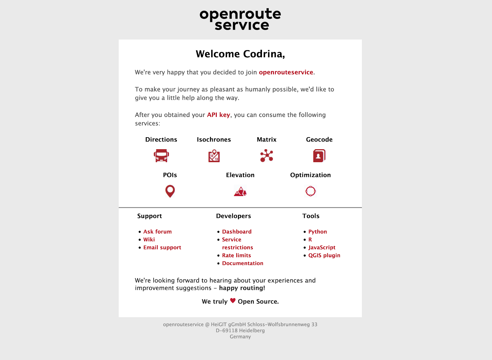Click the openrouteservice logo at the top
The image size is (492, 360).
240,19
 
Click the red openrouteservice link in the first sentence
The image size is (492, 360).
286,72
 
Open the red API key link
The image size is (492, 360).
218,115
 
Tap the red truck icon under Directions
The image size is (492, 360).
161,156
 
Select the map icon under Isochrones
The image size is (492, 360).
214,156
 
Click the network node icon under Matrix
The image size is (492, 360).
267,156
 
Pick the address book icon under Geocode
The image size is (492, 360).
319,156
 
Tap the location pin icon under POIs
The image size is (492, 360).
170,191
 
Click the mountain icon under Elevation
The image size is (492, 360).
240,191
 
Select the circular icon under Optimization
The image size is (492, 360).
311,191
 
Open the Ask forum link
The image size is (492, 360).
157,232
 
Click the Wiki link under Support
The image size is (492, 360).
149,240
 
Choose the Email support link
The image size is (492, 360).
162,248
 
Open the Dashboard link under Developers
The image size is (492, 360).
237,232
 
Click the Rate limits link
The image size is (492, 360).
236,255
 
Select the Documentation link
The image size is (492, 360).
243,263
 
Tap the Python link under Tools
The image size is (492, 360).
318,232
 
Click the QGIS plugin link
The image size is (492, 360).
324,255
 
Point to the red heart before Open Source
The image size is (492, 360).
233,301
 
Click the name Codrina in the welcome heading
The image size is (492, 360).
264,54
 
